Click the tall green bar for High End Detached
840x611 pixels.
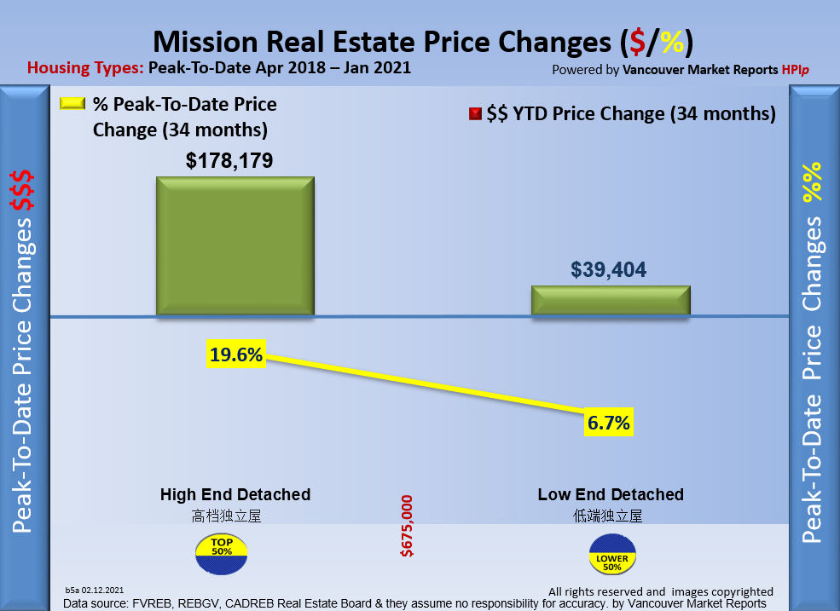click(x=235, y=246)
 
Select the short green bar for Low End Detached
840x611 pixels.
click(x=610, y=301)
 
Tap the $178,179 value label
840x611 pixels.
click(x=230, y=160)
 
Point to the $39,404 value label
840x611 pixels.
click(x=609, y=270)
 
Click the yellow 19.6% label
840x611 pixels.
click(x=236, y=354)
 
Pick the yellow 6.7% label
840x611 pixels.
click(x=608, y=422)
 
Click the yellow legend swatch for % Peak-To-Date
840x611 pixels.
click(x=72, y=104)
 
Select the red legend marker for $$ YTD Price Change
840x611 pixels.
click(x=475, y=114)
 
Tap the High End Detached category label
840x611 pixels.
click(x=235, y=494)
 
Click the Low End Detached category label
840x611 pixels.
click(x=611, y=494)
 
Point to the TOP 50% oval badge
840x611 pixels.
click(x=222, y=552)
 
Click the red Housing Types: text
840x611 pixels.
click(x=85, y=68)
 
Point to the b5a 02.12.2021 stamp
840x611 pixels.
click(x=95, y=590)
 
